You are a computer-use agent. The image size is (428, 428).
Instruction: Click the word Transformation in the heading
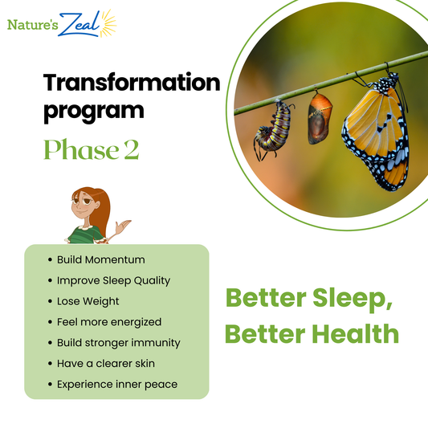tap(131, 82)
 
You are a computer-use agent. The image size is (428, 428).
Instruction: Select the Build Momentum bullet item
tap(100, 259)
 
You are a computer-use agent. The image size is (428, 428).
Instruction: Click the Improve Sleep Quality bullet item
tap(113, 280)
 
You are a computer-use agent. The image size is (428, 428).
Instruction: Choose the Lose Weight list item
tap(88, 301)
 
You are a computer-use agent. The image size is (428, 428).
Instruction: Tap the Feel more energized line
tap(108, 322)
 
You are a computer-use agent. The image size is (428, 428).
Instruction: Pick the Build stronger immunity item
tap(118, 343)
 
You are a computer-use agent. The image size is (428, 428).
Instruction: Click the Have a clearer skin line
tap(105, 364)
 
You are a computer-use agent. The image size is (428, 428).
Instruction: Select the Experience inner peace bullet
tap(116, 385)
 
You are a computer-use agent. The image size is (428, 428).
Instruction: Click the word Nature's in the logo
tap(31, 24)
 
